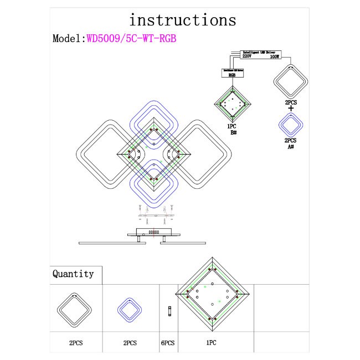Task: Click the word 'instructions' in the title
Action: [182, 20]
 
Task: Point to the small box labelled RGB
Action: [233, 73]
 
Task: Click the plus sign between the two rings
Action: [291, 108]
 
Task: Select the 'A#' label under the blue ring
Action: [290, 147]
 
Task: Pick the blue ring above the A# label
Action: [290, 124]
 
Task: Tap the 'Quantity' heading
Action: [73, 274]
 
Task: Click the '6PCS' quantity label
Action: [168, 343]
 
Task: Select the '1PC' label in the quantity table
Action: [210, 343]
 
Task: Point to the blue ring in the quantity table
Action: [130, 310]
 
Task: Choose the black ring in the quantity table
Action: [75, 310]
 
